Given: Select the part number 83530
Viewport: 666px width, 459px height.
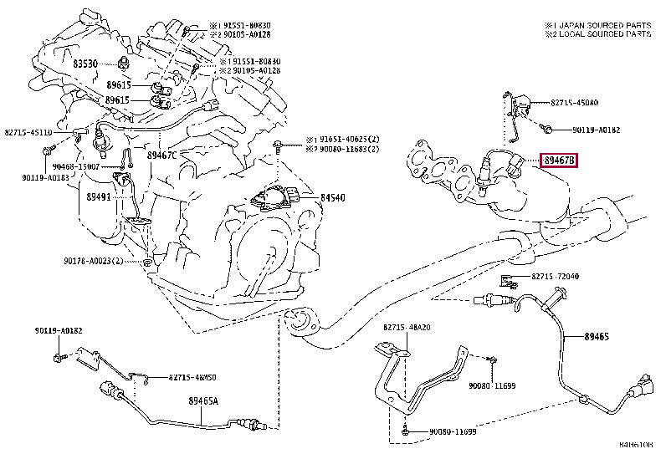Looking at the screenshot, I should pos(85,64).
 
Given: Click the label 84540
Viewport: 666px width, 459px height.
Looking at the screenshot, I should pos(334,198).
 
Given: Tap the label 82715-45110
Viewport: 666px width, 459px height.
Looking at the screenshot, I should pos(28,132).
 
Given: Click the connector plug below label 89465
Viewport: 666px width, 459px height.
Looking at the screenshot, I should pos(639,389).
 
